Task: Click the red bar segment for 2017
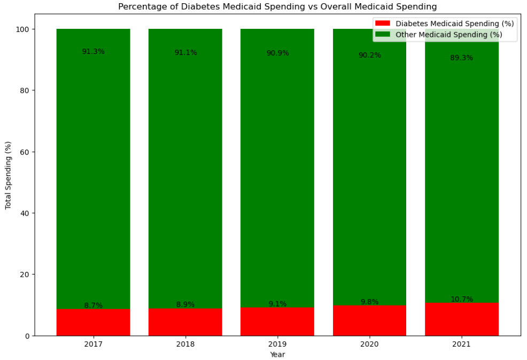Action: coord(93,323)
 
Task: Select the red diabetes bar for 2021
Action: coord(462,319)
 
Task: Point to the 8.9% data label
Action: coord(185,304)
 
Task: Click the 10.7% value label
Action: coord(462,299)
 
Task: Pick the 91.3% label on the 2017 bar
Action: coord(93,52)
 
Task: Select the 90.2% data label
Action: coord(370,55)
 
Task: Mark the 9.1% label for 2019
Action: coord(277,304)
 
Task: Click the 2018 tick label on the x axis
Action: coord(185,345)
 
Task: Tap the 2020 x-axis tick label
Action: coord(370,345)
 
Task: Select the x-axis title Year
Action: coord(277,354)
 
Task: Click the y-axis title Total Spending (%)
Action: coord(8,175)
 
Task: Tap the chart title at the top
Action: coord(277,7)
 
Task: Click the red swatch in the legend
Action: coord(383,24)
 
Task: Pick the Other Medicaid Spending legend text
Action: coord(448,35)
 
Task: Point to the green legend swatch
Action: coord(383,35)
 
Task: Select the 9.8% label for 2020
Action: coord(370,302)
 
